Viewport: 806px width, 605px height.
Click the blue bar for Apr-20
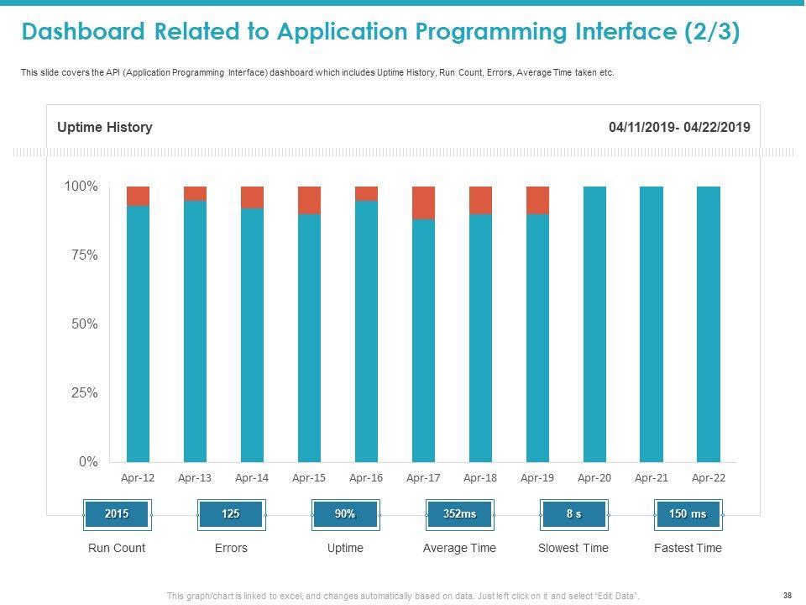pyautogui.click(x=594, y=324)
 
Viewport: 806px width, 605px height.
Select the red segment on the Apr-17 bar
pyautogui.click(x=423, y=203)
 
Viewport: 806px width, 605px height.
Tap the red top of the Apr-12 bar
pyautogui.click(x=138, y=196)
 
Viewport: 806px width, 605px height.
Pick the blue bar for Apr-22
pyautogui.click(x=709, y=324)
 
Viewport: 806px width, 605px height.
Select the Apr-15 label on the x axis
pyautogui.click(x=309, y=478)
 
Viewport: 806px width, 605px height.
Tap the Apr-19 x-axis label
pyautogui.click(x=537, y=478)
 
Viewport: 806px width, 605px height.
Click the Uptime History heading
pyautogui.click(x=104, y=128)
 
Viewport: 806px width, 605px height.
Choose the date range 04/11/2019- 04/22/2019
pyautogui.click(x=680, y=128)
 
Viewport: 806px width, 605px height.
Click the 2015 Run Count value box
pyautogui.click(x=117, y=514)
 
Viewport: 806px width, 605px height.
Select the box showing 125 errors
pyautogui.click(x=231, y=514)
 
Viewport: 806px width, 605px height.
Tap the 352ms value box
pyautogui.click(x=459, y=514)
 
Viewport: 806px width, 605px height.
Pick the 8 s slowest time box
pyautogui.click(x=573, y=514)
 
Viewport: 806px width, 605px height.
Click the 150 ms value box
pyautogui.click(x=688, y=514)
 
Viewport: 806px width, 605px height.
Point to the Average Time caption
pyautogui.click(x=459, y=548)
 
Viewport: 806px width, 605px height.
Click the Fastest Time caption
pyautogui.click(x=688, y=548)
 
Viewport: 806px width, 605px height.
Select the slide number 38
pyautogui.click(x=787, y=595)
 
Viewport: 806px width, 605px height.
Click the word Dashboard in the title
pyautogui.click(x=83, y=32)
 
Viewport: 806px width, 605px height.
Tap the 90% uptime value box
pyautogui.click(x=345, y=514)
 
